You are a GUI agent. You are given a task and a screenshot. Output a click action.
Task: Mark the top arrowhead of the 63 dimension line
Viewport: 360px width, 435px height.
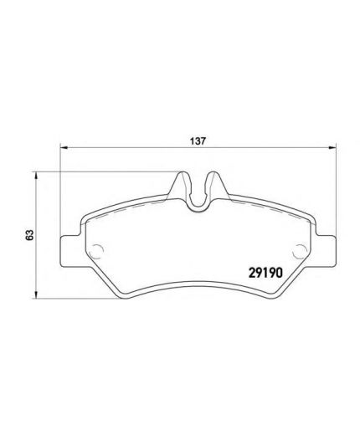(x=36, y=176)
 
